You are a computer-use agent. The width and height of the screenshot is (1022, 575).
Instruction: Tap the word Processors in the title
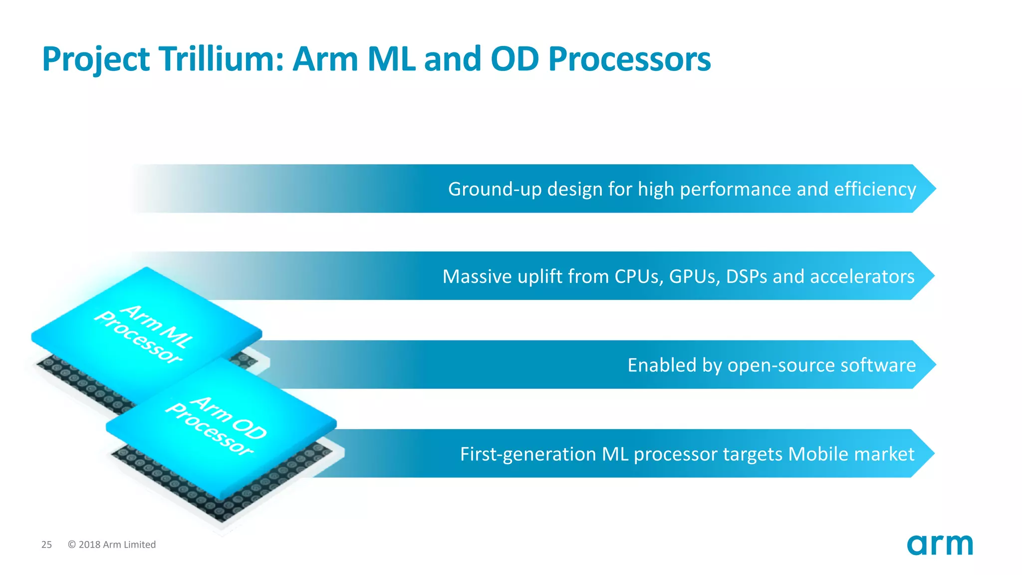629,59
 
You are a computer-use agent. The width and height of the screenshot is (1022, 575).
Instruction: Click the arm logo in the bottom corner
940,545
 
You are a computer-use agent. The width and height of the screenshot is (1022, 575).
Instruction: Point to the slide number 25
46,545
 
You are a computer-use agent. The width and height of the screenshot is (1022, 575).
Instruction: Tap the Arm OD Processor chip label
216,425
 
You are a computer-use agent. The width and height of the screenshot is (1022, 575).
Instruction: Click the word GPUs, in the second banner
694,277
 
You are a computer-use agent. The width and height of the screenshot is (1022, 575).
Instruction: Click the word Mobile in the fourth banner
818,454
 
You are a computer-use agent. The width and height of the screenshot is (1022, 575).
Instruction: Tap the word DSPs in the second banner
747,277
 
